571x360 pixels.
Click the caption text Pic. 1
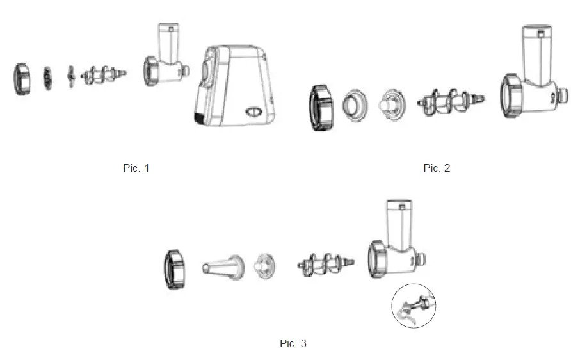click(x=136, y=168)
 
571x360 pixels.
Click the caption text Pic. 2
click(x=437, y=168)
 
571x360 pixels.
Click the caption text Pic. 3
click(x=293, y=343)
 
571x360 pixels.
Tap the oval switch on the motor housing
click(x=253, y=113)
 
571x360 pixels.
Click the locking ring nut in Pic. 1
click(x=22, y=78)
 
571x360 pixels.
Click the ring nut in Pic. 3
click(x=174, y=269)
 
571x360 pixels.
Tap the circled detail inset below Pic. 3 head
click(x=413, y=306)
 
